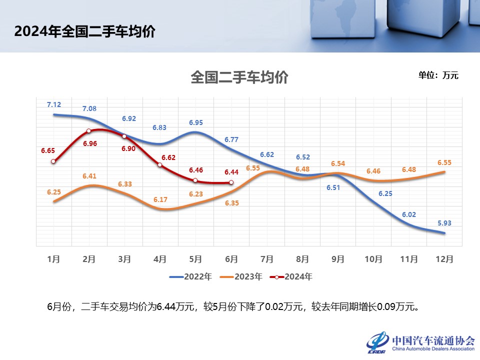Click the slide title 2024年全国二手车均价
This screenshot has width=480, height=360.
(84, 31)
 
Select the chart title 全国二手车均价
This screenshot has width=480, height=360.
(239, 77)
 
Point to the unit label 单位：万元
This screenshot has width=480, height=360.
(438, 75)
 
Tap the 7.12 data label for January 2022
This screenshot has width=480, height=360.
(54, 104)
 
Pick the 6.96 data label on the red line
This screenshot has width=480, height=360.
(90, 143)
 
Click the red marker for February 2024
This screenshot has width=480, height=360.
(89, 131)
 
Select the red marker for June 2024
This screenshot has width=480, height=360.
(230, 182)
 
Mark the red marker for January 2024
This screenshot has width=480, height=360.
(53, 161)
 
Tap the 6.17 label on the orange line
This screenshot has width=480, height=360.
(160, 199)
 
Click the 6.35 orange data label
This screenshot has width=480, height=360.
(232, 203)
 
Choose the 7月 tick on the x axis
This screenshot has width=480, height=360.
(266, 259)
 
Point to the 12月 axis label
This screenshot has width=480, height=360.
(444, 259)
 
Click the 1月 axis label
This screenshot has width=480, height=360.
(53, 259)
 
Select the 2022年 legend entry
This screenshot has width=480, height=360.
(191, 276)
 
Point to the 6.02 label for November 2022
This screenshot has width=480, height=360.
(409, 214)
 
